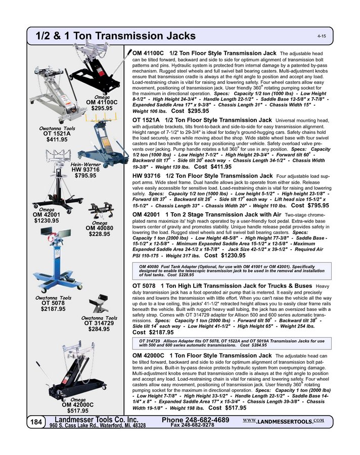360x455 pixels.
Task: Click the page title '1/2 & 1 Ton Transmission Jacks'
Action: click(115, 36)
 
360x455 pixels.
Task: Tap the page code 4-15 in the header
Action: click(322, 37)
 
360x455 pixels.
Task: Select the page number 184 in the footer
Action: click(36, 421)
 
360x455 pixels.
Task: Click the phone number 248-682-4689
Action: click(196, 420)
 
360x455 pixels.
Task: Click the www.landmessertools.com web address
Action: click(283, 421)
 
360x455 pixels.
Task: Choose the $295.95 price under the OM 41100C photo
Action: click(102, 108)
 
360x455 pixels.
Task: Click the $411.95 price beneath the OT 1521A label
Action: click(57, 140)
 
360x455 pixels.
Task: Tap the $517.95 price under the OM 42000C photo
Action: click(78, 411)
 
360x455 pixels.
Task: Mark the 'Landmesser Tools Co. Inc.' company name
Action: click(96, 420)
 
